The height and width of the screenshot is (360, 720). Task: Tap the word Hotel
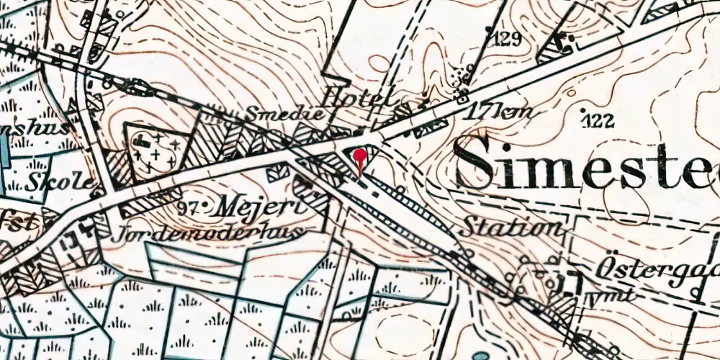[359, 96]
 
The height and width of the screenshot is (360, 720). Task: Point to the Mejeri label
[246, 206]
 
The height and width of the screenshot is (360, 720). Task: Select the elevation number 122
[600, 121]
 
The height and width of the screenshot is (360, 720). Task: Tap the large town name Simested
[587, 163]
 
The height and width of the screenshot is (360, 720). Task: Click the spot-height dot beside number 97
[204, 207]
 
